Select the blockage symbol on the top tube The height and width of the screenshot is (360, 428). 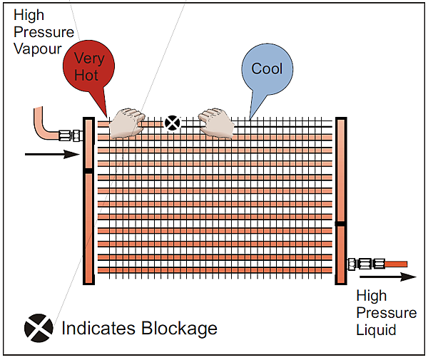coord(171,123)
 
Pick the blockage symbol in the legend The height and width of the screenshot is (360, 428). coord(39,327)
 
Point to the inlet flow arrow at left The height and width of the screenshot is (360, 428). coord(50,153)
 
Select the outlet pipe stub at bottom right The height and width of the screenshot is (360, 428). coord(395,264)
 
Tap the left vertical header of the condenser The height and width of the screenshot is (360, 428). coord(89,214)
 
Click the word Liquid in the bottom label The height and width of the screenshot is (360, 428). coord(376,330)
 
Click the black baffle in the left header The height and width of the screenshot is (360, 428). coord(88,171)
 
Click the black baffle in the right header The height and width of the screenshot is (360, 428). coord(340,224)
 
